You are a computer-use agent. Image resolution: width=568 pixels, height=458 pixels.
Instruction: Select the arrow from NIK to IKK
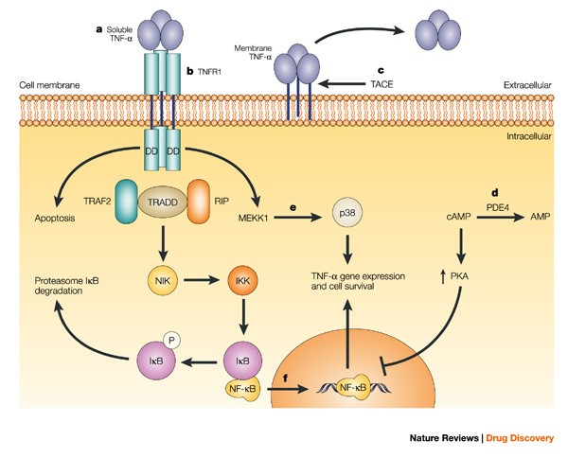click(200, 281)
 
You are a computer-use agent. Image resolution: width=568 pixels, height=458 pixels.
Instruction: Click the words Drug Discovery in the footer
click(521, 438)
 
